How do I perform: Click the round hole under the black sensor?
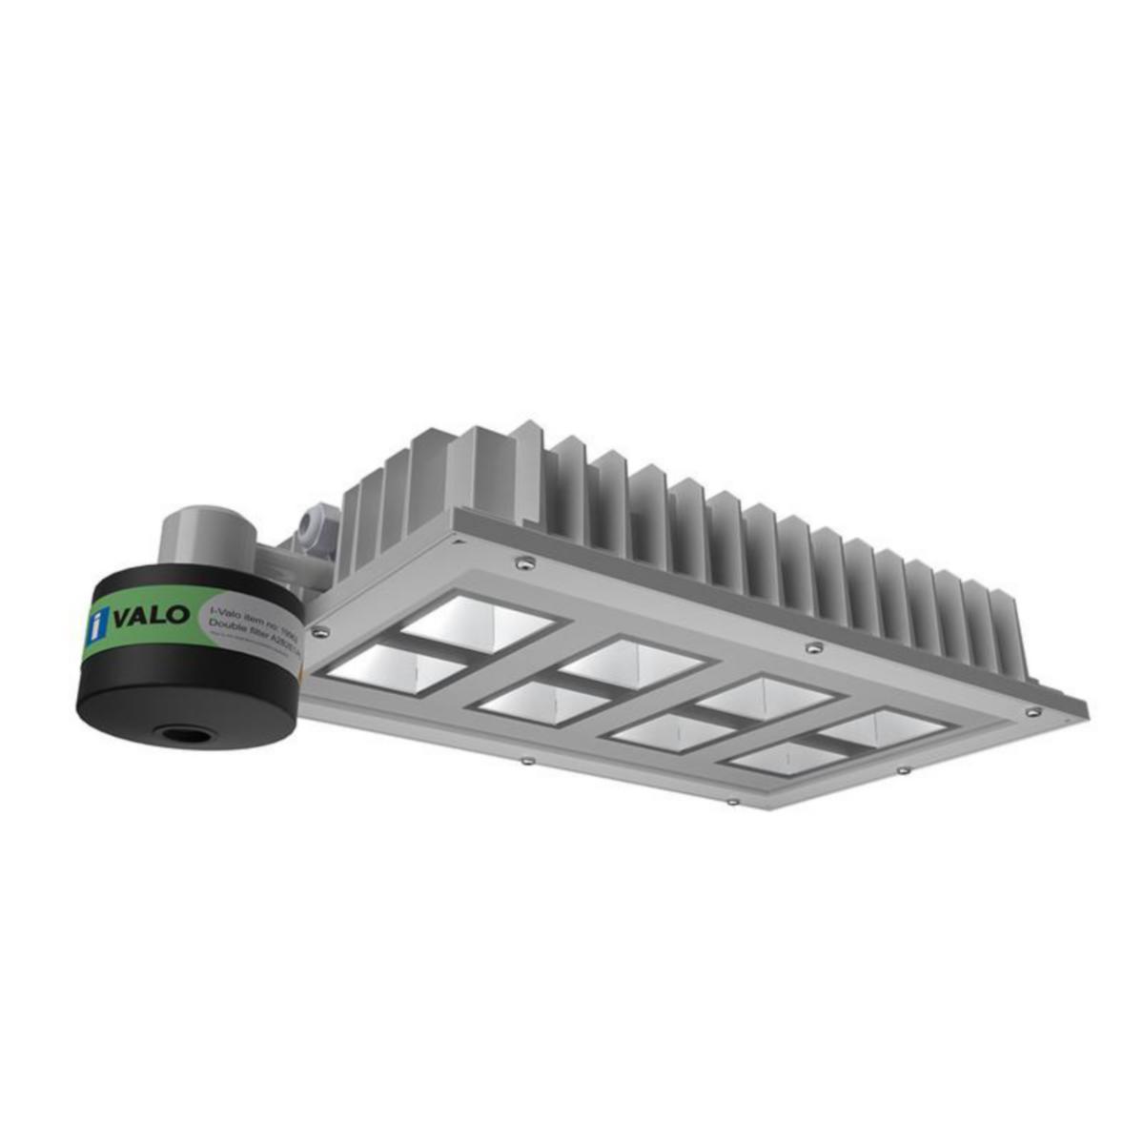tap(178, 735)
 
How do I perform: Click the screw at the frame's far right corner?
tap(1031, 710)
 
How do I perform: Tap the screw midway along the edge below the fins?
tap(812, 647)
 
